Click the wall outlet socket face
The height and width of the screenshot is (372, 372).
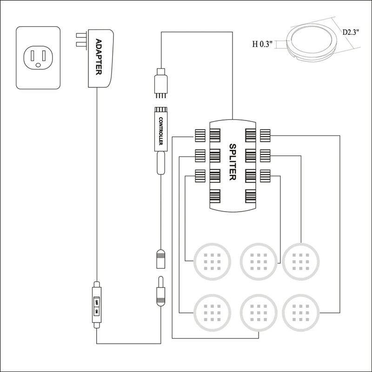pyautogui.click(x=38, y=58)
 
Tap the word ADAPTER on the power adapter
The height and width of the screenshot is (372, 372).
pyautogui.click(x=99, y=56)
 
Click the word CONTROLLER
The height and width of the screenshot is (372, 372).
pyautogui.click(x=159, y=132)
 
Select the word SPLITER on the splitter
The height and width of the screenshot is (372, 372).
pyautogui.click(x=233, y=162)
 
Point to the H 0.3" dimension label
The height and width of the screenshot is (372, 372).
pyautogui.click(x=262, y=45)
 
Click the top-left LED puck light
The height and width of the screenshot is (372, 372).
pyautogui.click(x=212, y=260)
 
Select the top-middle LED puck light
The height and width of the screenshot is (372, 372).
pyautogui.click(x=257, y=260)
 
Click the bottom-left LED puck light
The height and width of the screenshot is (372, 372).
pyautogui.click(x=212, y=311)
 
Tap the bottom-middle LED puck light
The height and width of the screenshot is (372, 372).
pyautogui.click(x=257, y=311)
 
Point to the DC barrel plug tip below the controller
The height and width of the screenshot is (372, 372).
pyautogui.click(x=160, y=291)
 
